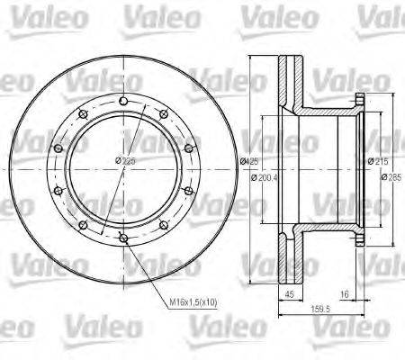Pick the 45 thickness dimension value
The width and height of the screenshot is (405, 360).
[290, 294]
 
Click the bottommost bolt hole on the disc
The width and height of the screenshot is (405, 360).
[122, 237]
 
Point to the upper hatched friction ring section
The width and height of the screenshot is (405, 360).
[291, 81]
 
